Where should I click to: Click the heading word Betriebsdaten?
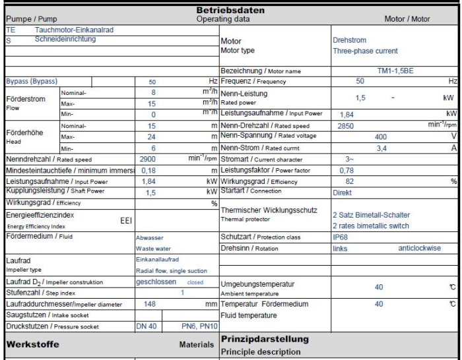point(230,10)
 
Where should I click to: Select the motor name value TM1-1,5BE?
point(395,70)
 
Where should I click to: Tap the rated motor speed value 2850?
point(346,125)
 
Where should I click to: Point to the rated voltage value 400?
point(381,136)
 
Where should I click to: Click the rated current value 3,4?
point(381,148)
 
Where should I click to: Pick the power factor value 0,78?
point(346,170)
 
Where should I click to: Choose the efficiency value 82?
point(350,181)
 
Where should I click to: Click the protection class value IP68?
point(341,237)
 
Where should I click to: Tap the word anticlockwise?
point(419,248)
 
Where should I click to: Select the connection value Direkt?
point(343,192)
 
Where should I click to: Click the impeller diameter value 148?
point(150,304)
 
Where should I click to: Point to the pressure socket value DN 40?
point(147,326)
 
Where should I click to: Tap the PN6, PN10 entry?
point(199,326)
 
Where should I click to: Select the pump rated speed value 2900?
point(148,159)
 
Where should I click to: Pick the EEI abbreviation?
point(126,220)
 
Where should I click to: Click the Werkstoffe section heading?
point(32,344)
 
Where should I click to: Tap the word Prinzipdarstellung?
point(265,339)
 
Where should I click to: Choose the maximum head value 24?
point(152,136)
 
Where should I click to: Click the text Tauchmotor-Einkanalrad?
point(74,30)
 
